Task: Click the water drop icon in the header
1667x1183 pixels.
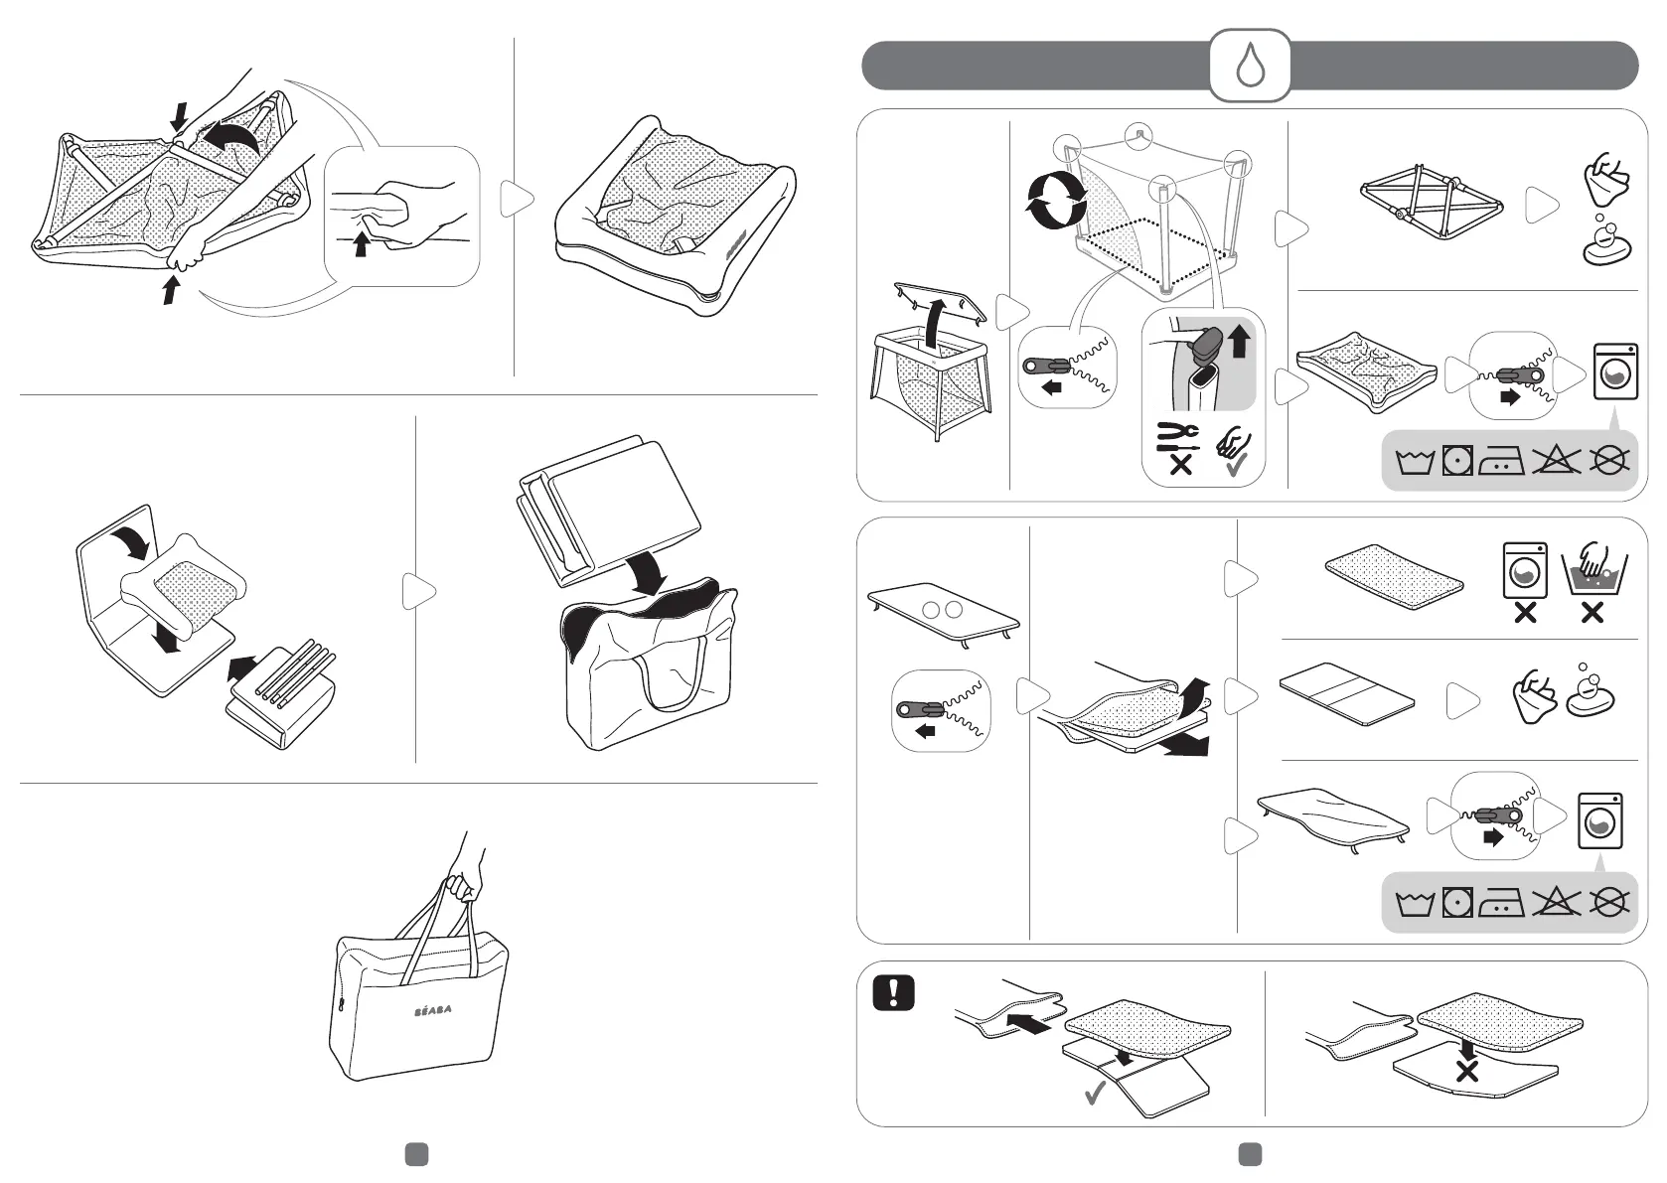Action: pos(1249,65)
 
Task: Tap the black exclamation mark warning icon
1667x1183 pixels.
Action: pos(892,993)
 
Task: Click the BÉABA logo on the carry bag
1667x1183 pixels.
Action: pos(431,1009)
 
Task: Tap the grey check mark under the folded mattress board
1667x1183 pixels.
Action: pos(1096,1096)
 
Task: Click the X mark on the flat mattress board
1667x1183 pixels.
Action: pos(1466,1071)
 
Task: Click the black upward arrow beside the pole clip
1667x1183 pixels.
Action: pos(1239,342)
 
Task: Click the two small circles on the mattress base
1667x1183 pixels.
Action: pos(943,610)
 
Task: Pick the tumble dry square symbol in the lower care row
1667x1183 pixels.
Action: pos(1456,904)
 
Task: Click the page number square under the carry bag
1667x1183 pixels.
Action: pos(416,1153)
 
